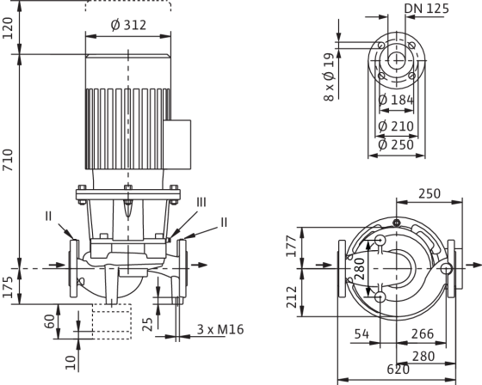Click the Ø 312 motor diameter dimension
(x=128, y=25)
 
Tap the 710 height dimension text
(x=8, y=160)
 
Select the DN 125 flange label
(x=426, y=9)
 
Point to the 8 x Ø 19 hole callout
(x=329, y=77)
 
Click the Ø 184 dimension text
(x=396, y=100)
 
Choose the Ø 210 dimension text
(x=396, y=126)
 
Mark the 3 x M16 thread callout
(x=220, y=329)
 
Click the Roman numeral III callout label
(x=201, y=202)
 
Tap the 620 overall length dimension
(x=398, y=370)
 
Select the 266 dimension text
(x=423, y=333)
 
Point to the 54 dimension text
(x=361, y=333)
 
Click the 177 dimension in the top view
(x=292, y=247)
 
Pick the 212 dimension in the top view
(x=292, y=296)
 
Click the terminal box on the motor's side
(x=177, y=144)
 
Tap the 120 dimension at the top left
(x=8, y=28)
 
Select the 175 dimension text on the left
(x=8, y=287)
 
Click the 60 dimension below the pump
(x=50, y=321)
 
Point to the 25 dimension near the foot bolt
(x=148, y=325)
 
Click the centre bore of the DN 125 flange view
(x=397, y=60)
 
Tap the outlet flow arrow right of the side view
(x=199, y=265)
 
